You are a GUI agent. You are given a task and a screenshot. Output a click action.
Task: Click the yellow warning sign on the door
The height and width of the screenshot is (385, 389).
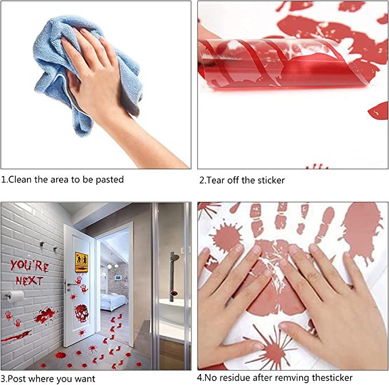click(81, 262)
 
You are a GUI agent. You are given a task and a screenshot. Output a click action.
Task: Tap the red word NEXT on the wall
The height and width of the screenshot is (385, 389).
click(30, 281)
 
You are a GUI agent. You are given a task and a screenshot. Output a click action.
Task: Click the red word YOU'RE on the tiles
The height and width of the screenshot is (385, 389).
click(29, 266)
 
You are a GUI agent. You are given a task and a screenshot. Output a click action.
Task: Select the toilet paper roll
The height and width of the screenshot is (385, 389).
click(15, 296)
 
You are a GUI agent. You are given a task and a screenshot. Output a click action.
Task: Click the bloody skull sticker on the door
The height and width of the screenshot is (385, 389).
click(81, 313)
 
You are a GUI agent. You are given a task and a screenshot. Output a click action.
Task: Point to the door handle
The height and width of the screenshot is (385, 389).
click(72, 285)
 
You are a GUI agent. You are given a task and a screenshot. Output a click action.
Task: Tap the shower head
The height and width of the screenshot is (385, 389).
click(175, 256)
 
